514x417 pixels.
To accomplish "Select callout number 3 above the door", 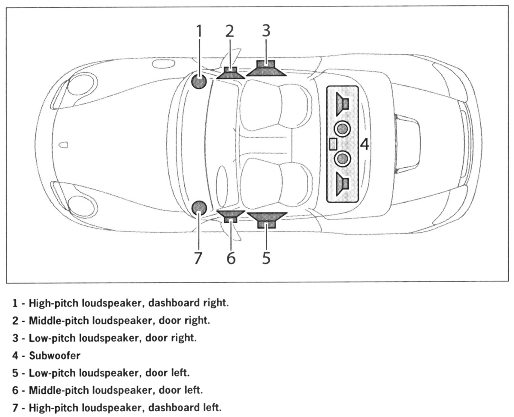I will (266, 31).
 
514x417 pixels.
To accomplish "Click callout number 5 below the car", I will (266, 258).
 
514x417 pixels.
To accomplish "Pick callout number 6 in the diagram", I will (231, 258).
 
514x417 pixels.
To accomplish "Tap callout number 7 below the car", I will (198, 258).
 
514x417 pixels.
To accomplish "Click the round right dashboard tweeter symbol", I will (199, 82).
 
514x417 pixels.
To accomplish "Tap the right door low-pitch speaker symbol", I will (266, 69).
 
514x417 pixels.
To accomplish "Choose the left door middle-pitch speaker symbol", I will (231, 215).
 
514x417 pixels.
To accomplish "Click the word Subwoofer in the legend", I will (55, 356).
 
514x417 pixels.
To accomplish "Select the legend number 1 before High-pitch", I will (15, 303).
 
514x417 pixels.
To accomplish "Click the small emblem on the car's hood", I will (65, 144).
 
